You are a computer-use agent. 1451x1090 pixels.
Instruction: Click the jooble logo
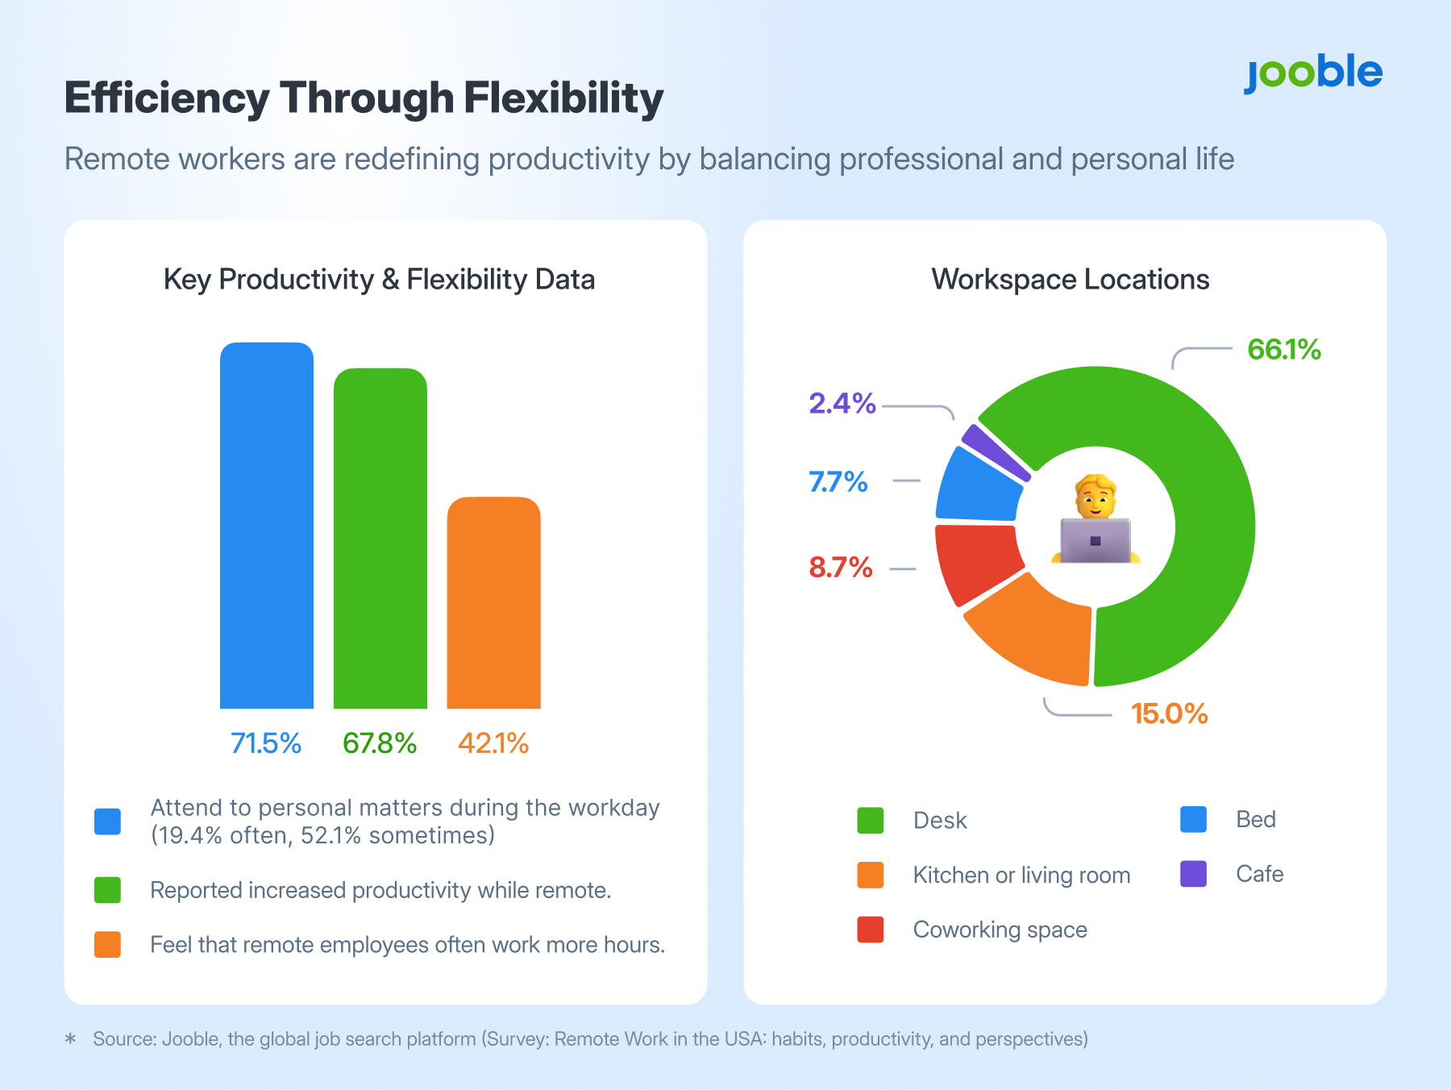point(1313,73)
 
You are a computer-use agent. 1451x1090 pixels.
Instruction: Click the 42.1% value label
point(493,743)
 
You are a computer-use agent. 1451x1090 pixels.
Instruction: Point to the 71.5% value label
point(266,743)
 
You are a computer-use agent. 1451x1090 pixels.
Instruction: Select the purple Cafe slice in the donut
point(996,452)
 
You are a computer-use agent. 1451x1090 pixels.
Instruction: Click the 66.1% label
point(1283,349)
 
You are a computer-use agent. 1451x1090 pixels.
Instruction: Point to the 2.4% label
point(842,403)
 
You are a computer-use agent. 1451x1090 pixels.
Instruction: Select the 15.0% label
point(1169,713)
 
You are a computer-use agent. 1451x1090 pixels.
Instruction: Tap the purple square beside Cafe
point(1193,874)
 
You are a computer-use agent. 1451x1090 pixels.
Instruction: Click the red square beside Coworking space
point(871,930)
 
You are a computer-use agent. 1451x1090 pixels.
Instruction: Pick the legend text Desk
point(940,820)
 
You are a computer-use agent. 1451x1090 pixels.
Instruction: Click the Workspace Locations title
point(1070,280)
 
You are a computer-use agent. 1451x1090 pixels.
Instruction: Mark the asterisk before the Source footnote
point(71,1038)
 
